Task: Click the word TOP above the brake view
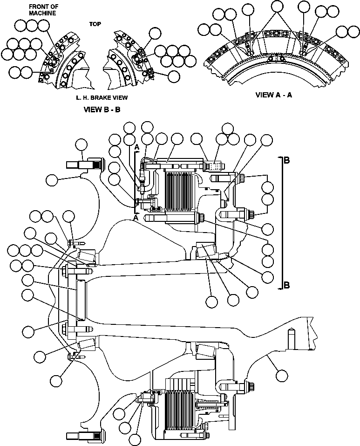point(95,24)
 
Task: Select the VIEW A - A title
point(274,95)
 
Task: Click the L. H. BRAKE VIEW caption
point(102,98)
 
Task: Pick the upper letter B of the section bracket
point(287,160)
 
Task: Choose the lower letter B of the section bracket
point(287,285)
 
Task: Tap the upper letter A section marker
point(137,147)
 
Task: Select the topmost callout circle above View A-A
point(277,6)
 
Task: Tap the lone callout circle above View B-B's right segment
point(155,33)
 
